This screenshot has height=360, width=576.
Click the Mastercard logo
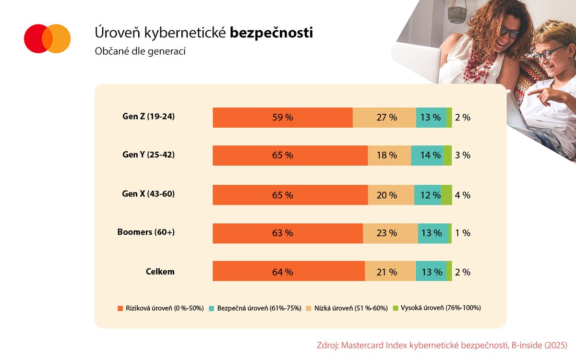point(47,38)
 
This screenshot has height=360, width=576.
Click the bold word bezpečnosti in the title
point(271,33)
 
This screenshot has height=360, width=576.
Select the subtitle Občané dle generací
point(140,51)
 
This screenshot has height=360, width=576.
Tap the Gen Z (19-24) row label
point(148,116)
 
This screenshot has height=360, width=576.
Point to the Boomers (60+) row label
point(146,232)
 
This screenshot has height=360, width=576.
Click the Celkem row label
point(160,272)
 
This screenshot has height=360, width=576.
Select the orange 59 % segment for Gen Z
point(283,118)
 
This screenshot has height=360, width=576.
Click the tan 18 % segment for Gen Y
point(389,156)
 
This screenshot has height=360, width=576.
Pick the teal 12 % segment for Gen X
point(428,195)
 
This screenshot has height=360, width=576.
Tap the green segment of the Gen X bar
point(446,195)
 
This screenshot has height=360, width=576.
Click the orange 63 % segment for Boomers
point(288,233)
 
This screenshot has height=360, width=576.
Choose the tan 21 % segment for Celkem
point(390,272)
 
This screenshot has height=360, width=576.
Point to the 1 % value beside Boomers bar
point(462,233)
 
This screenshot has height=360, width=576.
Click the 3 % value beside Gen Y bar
point(462,156)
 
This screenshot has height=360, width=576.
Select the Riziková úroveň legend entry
point(161,308)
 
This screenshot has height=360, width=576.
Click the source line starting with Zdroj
point(442,345)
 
